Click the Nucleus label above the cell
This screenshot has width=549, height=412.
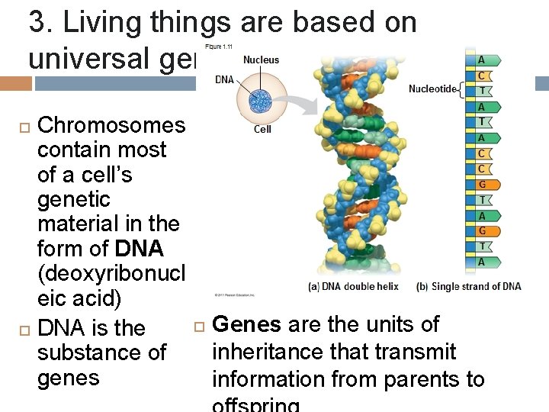[261, 60]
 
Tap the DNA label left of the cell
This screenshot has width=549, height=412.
[224, 79]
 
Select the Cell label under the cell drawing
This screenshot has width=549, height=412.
[262, 130]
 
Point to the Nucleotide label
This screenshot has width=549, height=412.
[432, 89]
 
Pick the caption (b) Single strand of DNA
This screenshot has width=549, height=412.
[468, 287]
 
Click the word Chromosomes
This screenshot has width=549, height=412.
[111, 125]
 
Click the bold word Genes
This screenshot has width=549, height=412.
[246, 324]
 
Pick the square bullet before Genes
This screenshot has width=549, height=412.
[199, 326]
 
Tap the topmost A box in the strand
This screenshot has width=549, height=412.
[481, 60]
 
